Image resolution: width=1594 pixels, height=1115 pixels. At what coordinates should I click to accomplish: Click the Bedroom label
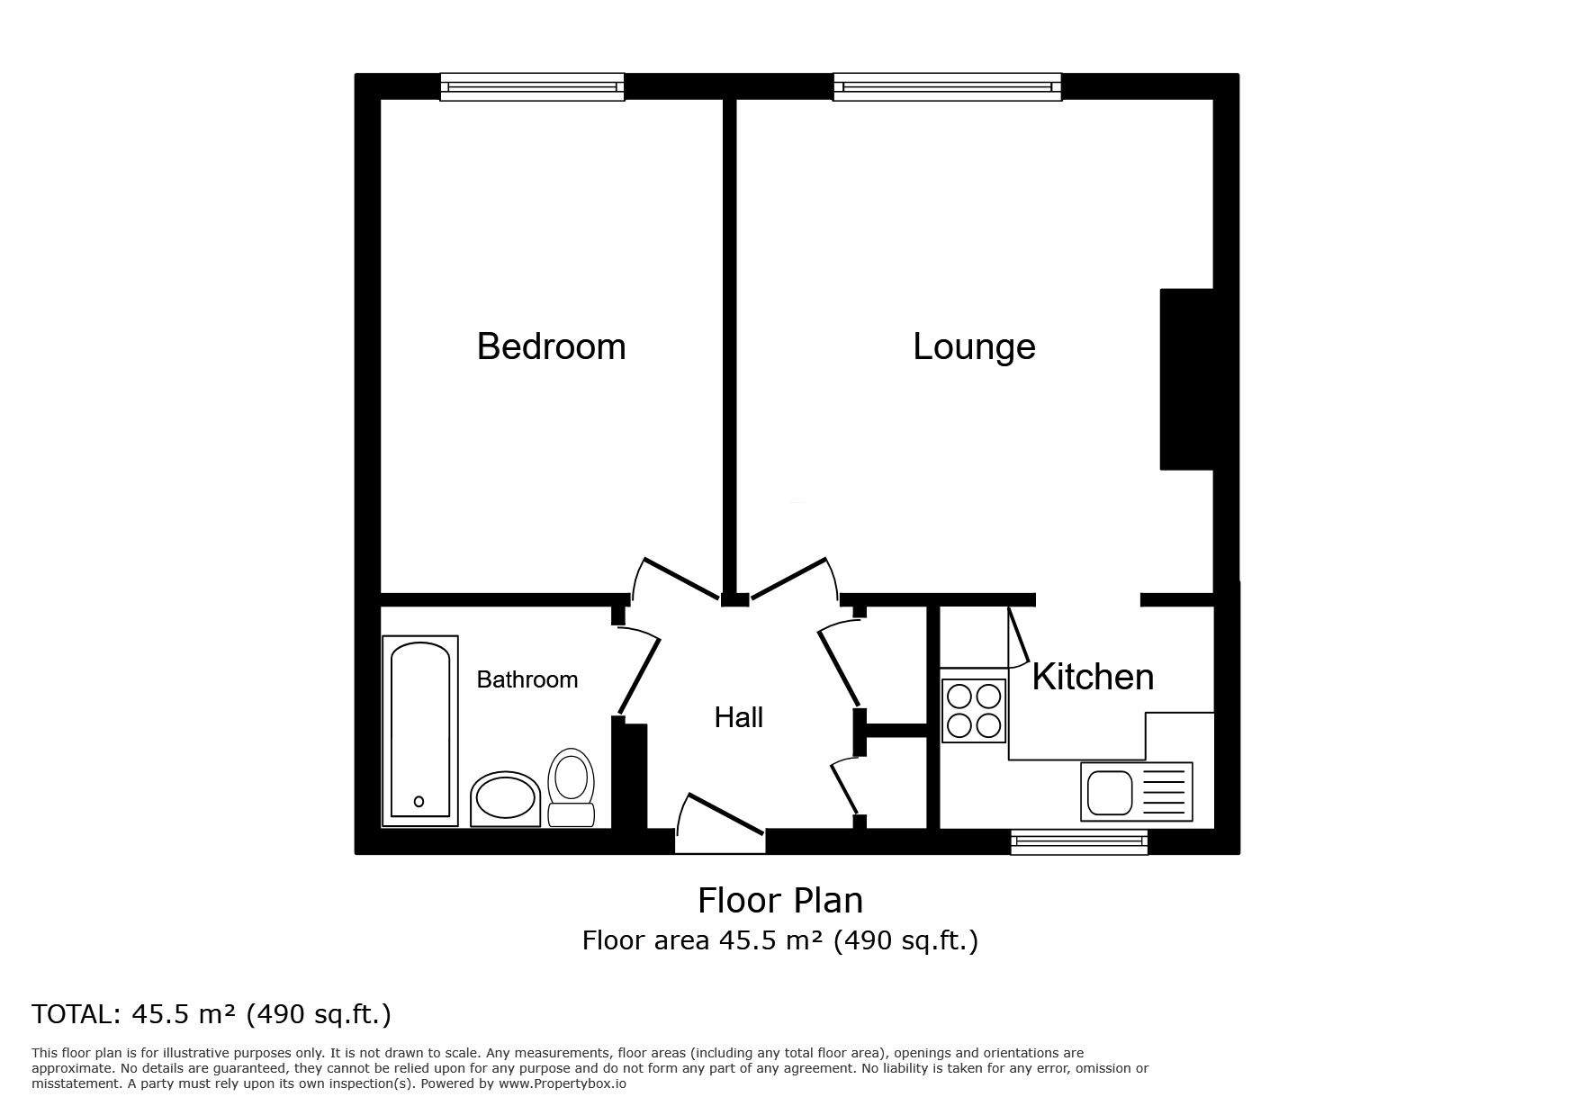[x=551, y=346]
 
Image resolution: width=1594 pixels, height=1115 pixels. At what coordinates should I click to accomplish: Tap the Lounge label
[x=974, y=347]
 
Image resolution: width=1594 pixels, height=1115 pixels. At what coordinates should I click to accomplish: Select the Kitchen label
[x=1093, y=677]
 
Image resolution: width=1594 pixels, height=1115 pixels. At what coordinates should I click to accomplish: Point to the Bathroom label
[x=527, y=679]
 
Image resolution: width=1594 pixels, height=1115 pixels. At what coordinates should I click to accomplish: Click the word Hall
[x=739, y=717]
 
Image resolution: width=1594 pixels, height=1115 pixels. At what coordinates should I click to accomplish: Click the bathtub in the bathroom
[x=419, y=731]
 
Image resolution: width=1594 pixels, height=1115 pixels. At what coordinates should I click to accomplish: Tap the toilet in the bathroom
[x=572, y=787]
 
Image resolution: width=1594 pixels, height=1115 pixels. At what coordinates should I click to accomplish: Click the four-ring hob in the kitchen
[x=974, y=710]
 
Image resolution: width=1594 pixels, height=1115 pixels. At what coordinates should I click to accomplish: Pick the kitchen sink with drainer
[x=1137, y=792]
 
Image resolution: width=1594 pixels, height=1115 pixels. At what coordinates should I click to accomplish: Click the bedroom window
[x=533, y=87]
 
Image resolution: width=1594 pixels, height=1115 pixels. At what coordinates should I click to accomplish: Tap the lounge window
[x=948, y=87]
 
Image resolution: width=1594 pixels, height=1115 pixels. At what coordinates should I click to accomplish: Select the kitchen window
[x=1079, y=842]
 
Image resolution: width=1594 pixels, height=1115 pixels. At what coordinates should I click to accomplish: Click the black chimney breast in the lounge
[x=1187, y=379]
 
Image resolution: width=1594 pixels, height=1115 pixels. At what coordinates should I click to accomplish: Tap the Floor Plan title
[x=780, y=900]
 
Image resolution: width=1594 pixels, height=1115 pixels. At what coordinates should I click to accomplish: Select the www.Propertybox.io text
[x=563, y=1084]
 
